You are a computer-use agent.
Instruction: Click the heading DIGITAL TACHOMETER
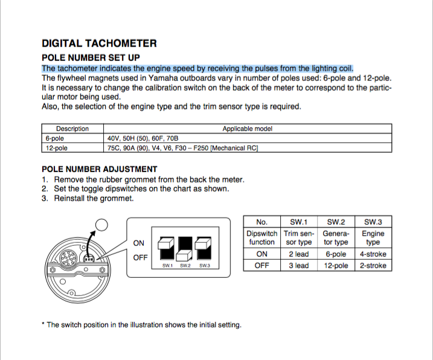coord(99,43)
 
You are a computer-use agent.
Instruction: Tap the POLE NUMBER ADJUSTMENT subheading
coord(99,169)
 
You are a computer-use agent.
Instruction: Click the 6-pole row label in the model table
coord(56,138)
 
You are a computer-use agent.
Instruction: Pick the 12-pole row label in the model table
coord(57,147)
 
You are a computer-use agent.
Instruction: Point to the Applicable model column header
coord(248,129)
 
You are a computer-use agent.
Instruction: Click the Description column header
coord(72,129)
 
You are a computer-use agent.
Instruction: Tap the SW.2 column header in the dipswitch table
coord(336,221)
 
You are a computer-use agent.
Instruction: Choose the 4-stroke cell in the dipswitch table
coord(373,254)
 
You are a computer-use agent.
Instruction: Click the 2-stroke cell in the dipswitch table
coord(373,266)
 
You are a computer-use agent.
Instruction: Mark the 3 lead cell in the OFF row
coord(298,266)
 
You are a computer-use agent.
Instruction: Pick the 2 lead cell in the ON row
coord(298,254)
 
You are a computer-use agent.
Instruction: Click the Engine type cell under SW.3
coord(373,237)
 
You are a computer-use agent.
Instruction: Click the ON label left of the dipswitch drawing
coord(139,243)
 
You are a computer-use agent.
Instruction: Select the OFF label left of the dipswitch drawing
coord(140,257)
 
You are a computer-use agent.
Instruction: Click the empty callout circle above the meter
coord(101,226)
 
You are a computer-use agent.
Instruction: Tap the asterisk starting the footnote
coord(43,324)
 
